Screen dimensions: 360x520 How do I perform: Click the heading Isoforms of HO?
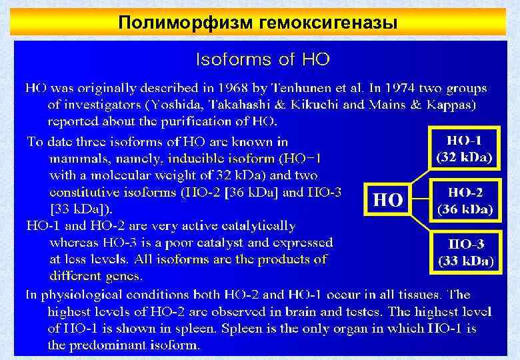262,59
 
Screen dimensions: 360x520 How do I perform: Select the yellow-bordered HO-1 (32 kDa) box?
464,149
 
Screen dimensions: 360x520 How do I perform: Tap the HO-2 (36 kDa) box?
465,200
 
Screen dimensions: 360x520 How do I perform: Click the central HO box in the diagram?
387,199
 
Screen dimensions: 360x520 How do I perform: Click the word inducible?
199,159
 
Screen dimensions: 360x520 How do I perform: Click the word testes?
343,311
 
